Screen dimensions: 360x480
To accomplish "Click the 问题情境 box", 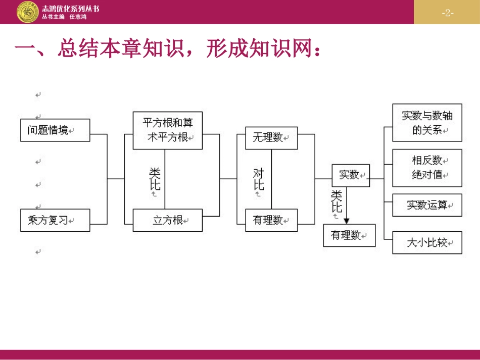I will [55, 130].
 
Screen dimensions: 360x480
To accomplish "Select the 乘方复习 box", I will [55, 220].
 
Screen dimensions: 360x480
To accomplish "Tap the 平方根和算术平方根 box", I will [167, 130].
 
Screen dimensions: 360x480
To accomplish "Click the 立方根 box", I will [167, 220].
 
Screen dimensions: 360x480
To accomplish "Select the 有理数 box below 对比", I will [271, 220].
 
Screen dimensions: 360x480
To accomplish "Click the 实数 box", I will [350, 175].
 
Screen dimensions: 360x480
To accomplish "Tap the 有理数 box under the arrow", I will [349, 235].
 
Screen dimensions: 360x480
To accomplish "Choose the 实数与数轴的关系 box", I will [427, 123].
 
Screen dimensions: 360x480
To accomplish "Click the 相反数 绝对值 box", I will [427, 168].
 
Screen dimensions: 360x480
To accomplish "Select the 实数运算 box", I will [427, 205].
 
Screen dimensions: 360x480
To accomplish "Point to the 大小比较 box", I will [427, 242].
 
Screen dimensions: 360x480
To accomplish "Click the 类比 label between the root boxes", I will [155, 179].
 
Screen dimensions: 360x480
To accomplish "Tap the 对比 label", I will [258, 179].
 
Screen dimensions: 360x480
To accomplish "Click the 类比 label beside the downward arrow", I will [337, 201].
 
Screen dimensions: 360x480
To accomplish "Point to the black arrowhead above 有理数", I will [347, 220].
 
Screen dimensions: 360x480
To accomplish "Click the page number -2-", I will [447, 13].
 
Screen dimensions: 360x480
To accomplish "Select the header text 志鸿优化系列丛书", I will [71, 9].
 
